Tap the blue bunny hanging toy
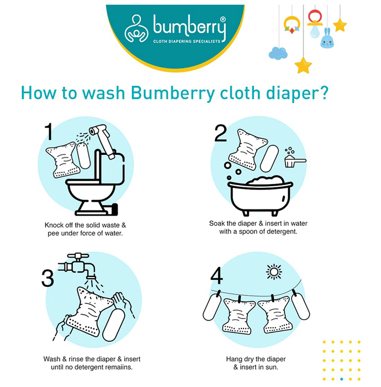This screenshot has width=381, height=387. pyautogui.click(x=327, y=38)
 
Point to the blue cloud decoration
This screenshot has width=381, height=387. pyautogui.click(x=278, y=53)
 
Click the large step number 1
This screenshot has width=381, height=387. pyautogui.click(x=49, y=132)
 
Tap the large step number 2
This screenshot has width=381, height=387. pyautogui.click(x=220, y=133)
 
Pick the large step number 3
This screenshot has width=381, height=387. pyautogui.click(x=47, y=278)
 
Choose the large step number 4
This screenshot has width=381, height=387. pyautogui.click(x=216, y=276)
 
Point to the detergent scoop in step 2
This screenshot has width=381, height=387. pyautogui.click(x=295, y=161)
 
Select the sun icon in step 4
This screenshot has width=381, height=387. pyautogui.click(x=274, y=272)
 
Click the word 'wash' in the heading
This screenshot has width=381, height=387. pyautogui.click(x=103, y=93)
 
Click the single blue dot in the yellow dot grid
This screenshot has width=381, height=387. pyautogui.click(x=342, y=379)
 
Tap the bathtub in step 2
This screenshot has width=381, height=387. pyautogui.click(x=260, y=196)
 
